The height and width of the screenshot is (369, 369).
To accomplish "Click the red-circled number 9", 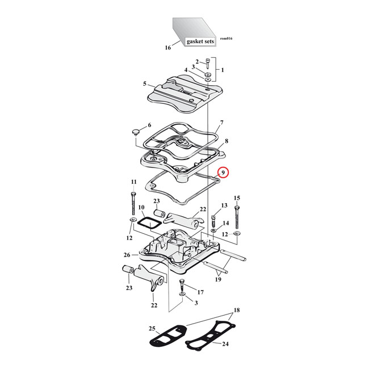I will click(x=224, y=173).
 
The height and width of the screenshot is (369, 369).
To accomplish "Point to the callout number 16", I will click(x=168, y=48).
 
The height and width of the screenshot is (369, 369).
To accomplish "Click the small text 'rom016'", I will click(x=225, y=38).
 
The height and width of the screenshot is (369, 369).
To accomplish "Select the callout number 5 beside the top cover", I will click(x=145, y=83).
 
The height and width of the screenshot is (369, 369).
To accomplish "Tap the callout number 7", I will click(x=222, y=123).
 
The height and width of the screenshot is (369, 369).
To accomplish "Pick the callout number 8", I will click(x=226, y=141).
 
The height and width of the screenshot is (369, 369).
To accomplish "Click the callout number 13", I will click(x=224, y=205).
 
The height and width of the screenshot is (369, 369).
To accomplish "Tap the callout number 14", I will click(x=226, y=223).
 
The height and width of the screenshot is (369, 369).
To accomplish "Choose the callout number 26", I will click(x=127, y=255).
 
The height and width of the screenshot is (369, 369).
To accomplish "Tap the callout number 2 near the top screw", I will click(x=197, y=62).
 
